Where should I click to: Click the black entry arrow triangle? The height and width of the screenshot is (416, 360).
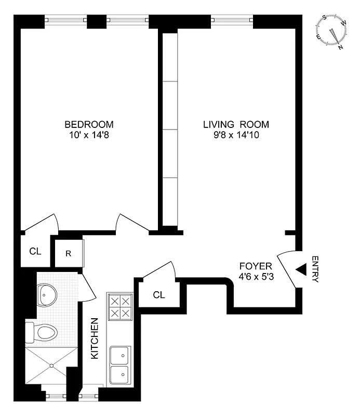(301, 270)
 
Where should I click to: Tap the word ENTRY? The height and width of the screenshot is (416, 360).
(315, 269)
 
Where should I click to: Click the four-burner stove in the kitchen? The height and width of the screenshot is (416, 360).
(119, 308)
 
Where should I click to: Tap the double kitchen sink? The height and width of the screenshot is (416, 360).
(120, 364)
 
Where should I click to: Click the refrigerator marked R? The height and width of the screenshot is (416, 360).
(68, 254)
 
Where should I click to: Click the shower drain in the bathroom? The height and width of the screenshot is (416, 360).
(52, 366)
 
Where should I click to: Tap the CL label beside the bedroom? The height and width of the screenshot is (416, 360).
(35, 252)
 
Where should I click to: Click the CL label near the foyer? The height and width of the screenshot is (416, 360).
(159, 295)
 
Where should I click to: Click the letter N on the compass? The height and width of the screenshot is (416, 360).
(341, 47)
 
